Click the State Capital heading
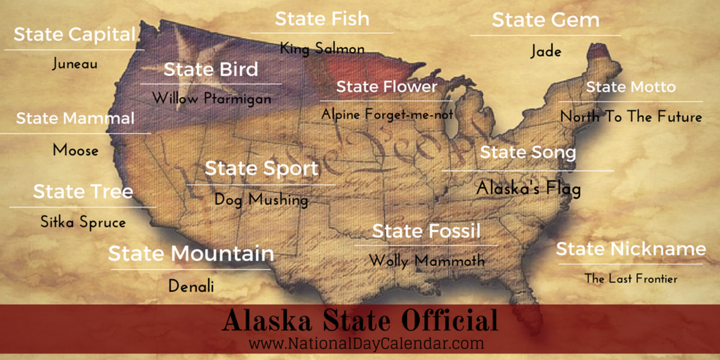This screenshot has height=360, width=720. click(75, 34)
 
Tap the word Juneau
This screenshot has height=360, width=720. click(74, 64)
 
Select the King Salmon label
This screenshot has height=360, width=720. click(322, 49)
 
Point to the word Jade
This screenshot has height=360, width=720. click(545, 52)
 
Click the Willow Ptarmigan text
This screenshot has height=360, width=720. click(211, 98)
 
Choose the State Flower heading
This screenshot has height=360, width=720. click(387, 86)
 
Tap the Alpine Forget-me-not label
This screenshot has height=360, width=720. click(387, 113)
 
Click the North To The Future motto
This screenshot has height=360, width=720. click(631, 116)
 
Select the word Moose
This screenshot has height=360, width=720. click(76, 149)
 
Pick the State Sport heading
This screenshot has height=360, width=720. click(262, 169)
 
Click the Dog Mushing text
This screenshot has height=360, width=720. click(262, 199)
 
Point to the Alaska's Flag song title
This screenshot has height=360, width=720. click(529, 189)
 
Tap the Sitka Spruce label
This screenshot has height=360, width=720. click(83, 222)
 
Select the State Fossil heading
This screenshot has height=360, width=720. click(426, 231)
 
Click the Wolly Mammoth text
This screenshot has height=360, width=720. click(427, 261)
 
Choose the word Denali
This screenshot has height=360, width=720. click(191, 286)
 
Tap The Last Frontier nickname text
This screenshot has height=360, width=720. click(631, 278)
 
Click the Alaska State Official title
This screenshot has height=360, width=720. click(360, 321)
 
